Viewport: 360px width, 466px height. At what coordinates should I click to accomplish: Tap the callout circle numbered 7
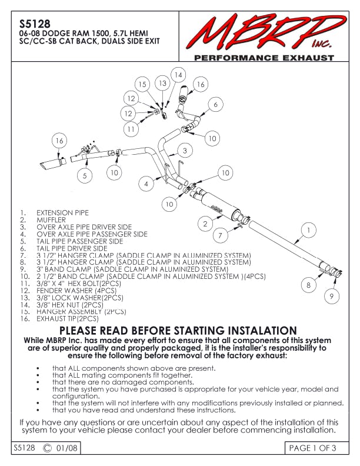click(x=220, y=235)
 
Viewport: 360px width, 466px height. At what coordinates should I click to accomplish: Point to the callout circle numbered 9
click(x=332, y=296)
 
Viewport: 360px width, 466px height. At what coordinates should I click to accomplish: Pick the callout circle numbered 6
click(x=216, y=104)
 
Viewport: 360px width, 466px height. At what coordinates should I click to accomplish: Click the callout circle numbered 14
click(x=178, y=75)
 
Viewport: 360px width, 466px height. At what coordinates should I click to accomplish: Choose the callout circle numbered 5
click(x=85, y=175)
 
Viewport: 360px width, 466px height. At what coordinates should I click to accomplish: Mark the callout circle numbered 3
click(x=185, y=151)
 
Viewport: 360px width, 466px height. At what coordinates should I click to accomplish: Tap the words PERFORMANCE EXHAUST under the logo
click(x=264, y=58)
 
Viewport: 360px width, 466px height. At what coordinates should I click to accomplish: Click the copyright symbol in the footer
click(x=47, y=448)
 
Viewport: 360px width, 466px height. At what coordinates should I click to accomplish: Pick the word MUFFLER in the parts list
click(x=52, y=219)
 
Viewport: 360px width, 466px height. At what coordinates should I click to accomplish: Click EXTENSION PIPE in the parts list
click(x=63, y=212)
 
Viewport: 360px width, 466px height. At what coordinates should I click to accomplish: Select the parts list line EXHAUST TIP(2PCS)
click(x=68, y=318)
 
